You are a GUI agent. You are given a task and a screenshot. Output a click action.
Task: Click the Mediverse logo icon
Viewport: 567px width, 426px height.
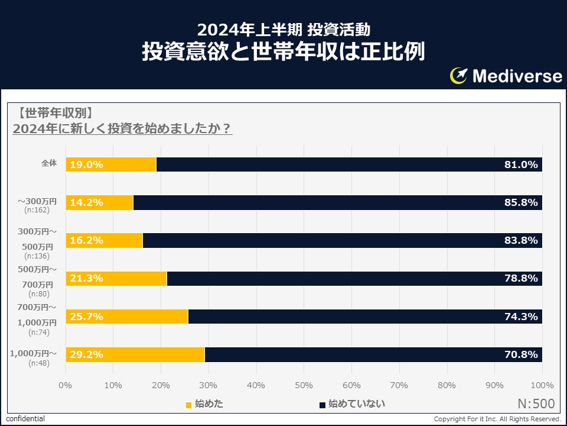pos(459,75)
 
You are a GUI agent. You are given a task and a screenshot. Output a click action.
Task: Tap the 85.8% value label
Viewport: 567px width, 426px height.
pos(521,202)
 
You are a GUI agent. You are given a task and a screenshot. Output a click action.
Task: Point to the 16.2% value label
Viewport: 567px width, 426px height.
pos(87,240)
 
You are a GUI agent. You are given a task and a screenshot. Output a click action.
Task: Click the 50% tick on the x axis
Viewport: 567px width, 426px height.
pos(304,385)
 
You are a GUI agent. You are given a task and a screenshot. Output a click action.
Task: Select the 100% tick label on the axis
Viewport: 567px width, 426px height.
pos(542,385)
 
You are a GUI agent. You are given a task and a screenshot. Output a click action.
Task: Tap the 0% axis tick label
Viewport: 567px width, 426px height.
pos(66,385)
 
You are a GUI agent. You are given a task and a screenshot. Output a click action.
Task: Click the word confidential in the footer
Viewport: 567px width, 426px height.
pos(25,419)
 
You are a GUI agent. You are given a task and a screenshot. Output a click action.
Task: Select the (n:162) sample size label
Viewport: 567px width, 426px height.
pos(37,210)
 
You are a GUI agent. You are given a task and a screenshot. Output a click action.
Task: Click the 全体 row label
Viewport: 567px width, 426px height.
pos(49,163)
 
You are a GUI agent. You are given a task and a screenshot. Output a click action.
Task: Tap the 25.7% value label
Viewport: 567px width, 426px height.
pos(87,317)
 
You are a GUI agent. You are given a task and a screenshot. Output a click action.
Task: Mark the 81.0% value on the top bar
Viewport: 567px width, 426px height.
pos(521,164)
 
